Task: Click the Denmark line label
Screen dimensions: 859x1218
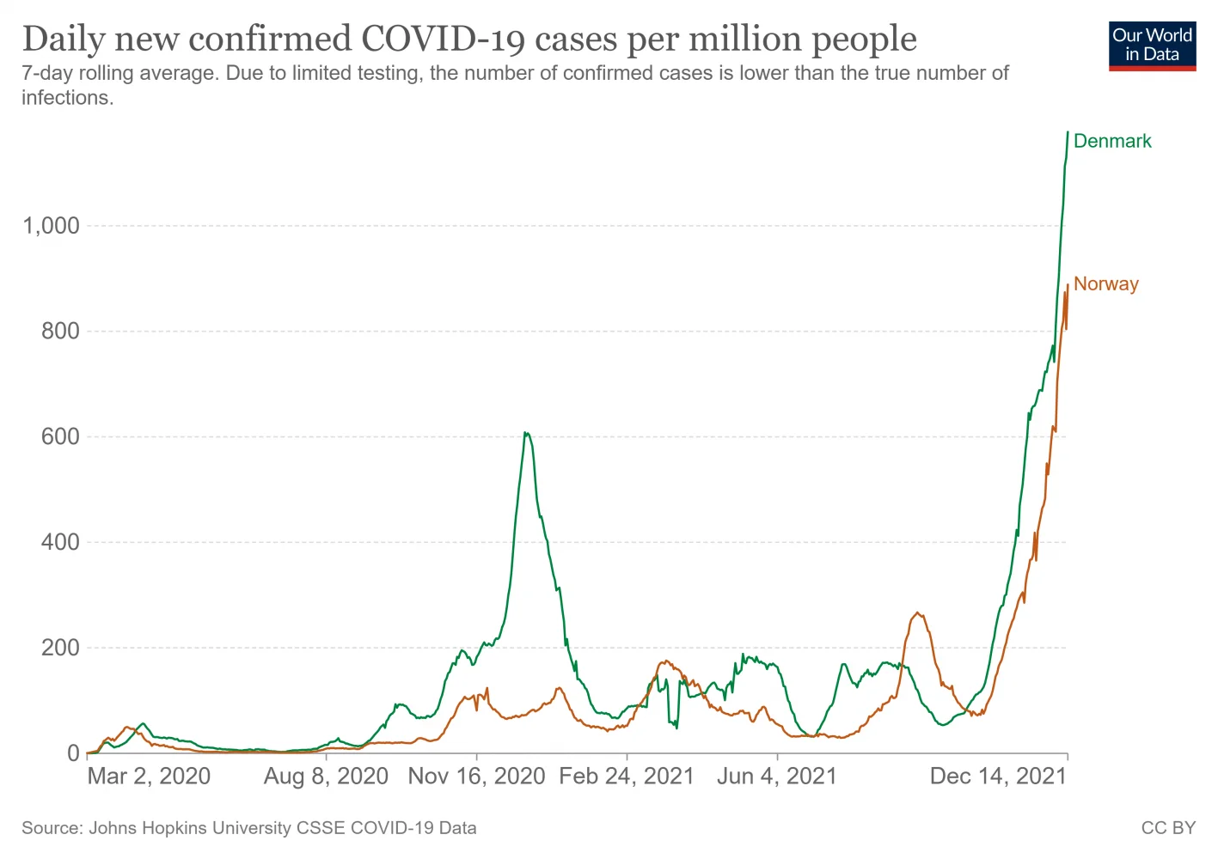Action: coord(1111,141)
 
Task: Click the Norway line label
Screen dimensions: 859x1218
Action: coord(1105,283)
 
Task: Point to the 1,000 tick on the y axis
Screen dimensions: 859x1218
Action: coord(51,226)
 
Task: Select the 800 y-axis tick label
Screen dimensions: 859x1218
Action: coord(60,332)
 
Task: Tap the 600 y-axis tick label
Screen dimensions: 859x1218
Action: coord(60,437)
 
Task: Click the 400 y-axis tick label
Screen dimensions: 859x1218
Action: coord(60,542)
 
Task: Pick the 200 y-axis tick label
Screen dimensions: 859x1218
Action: coord(60,648)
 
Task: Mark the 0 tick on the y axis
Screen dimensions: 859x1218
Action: coord(73,753)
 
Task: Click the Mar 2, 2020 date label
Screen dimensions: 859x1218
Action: coord(149,777)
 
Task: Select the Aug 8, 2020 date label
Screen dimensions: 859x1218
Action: coord(326,777)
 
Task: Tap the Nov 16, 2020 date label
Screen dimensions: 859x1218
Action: coord(476,777)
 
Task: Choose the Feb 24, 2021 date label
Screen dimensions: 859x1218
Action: coord(626,777)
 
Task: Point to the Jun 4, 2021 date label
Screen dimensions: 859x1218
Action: coord(776,777)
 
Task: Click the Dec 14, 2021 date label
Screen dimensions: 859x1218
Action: coord(998,777)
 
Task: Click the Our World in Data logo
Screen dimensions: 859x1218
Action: coord(1152,46)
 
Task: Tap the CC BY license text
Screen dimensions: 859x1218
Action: coord(1168,828)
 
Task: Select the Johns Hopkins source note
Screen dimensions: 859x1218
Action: coord(249,828)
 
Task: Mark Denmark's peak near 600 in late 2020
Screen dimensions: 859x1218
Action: coord(526,433)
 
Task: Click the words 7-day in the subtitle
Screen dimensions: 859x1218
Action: coord(46,73)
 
